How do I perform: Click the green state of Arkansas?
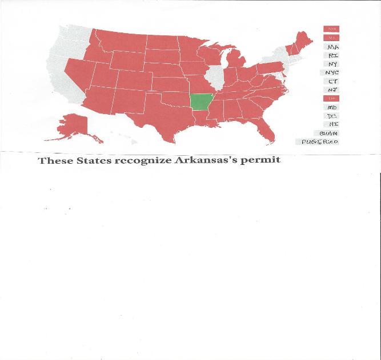click(202, 102)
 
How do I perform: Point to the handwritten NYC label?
click(332, 72)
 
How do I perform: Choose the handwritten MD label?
click(332, 107)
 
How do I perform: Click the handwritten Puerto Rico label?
click(319, 141)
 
